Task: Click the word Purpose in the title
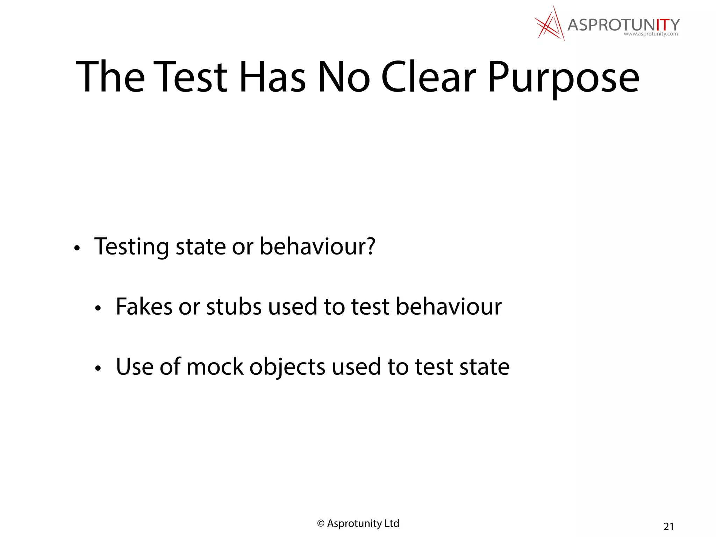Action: [x=563, y=78]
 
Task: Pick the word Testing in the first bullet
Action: [x=131, y=247]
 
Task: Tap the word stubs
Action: [x=234, y=307]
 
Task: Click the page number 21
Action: [x=668, y=526]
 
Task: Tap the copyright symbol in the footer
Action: [x=321, y=523]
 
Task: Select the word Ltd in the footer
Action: [x=392, y=523]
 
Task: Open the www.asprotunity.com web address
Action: [x=651, y=34]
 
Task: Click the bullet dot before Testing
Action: [x=77, y=249]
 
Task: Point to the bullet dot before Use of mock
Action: [x=98, y=368]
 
